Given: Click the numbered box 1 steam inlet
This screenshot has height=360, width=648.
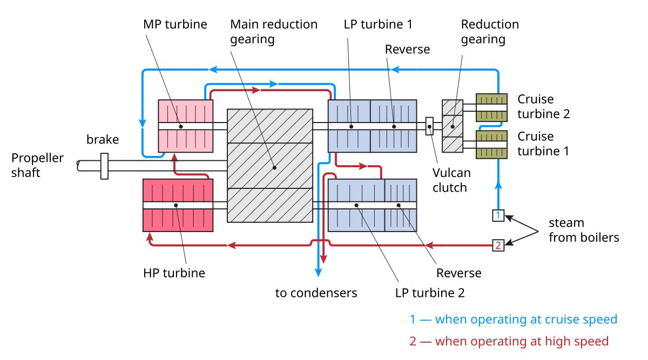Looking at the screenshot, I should (x=498, y=216).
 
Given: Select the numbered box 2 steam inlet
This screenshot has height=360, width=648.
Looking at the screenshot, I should (x=498, y=246).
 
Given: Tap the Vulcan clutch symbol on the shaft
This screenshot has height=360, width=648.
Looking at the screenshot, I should (x=430, y=126).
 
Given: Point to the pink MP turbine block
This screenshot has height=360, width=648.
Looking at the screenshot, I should (x=185, y=126).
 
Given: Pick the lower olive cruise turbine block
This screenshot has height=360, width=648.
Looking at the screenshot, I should (x=491, y=145).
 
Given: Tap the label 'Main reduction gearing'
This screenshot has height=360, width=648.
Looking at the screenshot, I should (x=274, y=32).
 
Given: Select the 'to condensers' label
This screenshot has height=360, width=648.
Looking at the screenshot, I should (x=316, y=293).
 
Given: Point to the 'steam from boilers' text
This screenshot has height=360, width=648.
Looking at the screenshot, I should (x=583, y=230).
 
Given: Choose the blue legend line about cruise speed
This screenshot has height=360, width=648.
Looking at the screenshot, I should (x=513, y=320).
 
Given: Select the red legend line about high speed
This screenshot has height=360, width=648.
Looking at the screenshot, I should (x=509, y=341).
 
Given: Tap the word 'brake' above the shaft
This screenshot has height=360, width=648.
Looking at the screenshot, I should (x=103, y=140).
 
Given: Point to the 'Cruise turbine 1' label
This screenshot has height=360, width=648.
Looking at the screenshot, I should (x=543, y=145).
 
